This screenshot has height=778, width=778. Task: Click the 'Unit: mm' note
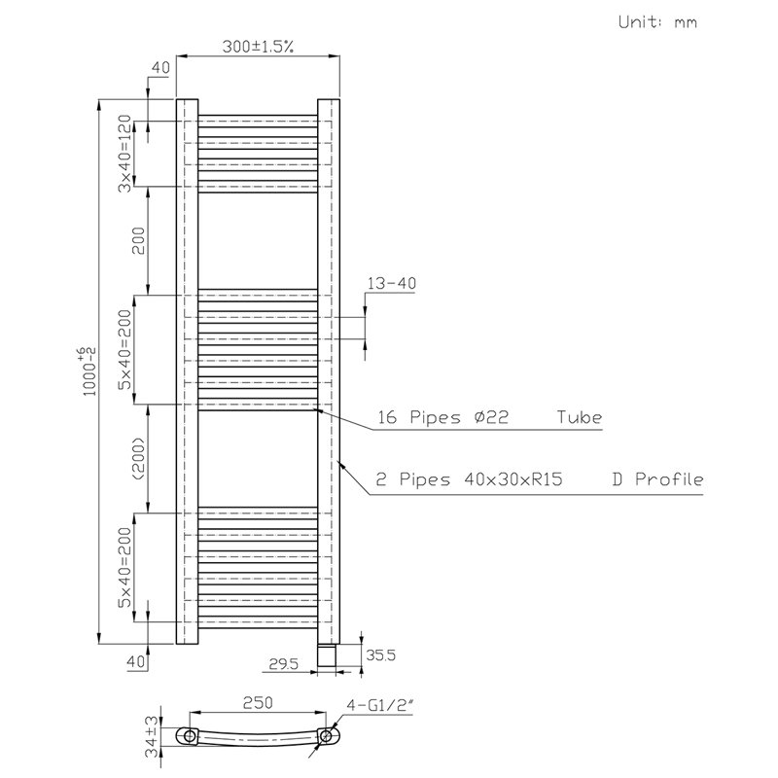coord(657,21)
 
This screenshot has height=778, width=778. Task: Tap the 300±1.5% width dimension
coord(258,47)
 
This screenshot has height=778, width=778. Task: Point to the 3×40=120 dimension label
coord(124,154)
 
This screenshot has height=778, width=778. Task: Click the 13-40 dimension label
coord(392,283)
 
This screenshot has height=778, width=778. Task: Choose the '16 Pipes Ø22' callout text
coord(443,417)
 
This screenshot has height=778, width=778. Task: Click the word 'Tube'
coord(579,417)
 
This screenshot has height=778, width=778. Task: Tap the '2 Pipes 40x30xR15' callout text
coord(469,479)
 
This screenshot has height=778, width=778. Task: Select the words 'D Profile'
coord(657,479)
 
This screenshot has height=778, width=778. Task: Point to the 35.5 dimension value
coord(380,654)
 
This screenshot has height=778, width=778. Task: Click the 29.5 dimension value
coord(283,663)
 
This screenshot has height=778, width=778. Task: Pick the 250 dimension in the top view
coord(258,702)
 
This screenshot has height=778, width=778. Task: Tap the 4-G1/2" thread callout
coord(379,705)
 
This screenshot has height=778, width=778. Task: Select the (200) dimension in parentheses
coord(139,458)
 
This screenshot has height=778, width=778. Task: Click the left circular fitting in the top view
coord(190,736)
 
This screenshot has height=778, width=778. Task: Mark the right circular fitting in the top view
coord(326,736)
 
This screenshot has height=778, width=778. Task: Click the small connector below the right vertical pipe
coord(328,654)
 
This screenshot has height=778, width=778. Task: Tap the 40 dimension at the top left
coord(160,67)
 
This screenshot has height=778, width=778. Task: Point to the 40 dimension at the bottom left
coord(136,661)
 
